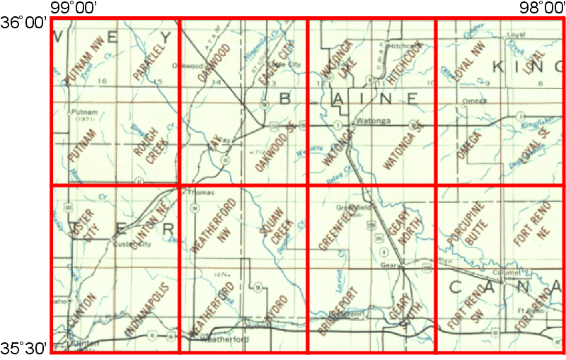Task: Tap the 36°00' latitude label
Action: [x=24, y=23]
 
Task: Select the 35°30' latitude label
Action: [x=24, y=348]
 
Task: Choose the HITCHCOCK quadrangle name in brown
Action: [x=403, y=62]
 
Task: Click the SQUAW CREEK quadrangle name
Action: [x=277, y=228]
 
